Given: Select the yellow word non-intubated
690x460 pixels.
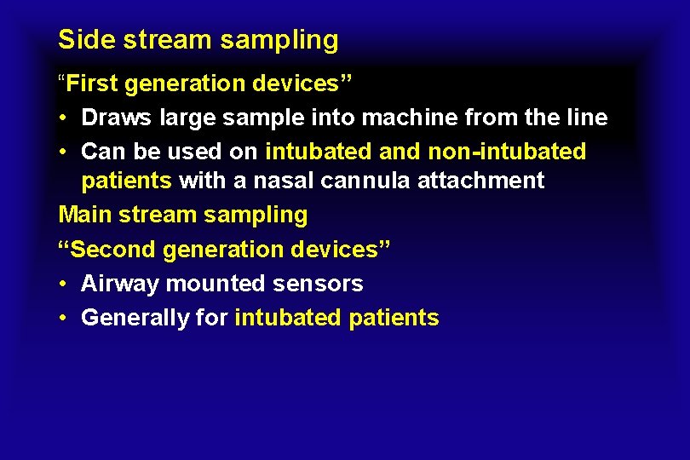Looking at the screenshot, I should pos(508,152).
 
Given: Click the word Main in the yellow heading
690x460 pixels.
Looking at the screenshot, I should pos(85,215).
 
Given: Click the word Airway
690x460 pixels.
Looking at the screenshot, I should pos(120,285).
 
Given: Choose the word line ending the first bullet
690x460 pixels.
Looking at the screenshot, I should pos(588,118).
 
